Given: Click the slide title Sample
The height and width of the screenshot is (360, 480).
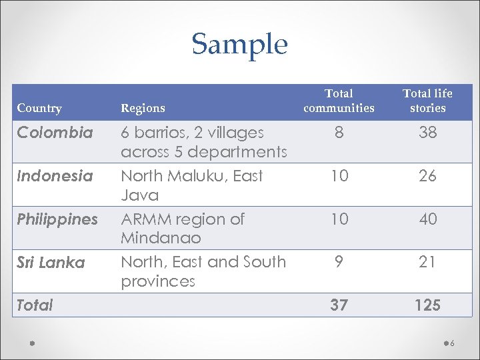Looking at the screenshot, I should point(239,45).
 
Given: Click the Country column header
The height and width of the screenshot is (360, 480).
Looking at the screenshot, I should point(39,108).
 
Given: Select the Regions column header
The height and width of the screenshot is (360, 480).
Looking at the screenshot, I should point(143,108).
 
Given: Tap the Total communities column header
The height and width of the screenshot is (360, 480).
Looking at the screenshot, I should point(339,101).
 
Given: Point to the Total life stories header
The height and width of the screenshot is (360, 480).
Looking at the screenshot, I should point(427,101).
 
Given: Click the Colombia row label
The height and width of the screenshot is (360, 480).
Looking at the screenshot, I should point(55,133).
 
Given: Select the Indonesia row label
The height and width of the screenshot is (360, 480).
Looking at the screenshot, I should point(55,176).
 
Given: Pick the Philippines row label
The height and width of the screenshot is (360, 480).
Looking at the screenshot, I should point(57,219).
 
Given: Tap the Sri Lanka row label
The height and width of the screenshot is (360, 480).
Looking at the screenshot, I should point(51,263).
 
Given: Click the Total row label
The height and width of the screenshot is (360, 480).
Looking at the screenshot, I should point(35,305).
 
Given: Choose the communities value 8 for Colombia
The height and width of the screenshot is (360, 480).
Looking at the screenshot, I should point(339,133).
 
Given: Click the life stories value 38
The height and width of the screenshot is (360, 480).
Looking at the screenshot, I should point(427,133).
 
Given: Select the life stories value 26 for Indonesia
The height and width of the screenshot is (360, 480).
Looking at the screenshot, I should point(427,176).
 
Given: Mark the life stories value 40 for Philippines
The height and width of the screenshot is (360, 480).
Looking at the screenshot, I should point(427,219).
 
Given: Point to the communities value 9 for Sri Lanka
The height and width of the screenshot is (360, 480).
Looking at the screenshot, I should point(339,263).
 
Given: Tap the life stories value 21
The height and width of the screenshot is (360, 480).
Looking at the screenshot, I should point(427,263).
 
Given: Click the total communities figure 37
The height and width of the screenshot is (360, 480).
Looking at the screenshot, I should point(339,305).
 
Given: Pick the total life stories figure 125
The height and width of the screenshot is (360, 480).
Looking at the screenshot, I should point(427,305).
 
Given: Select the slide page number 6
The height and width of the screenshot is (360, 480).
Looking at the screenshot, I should point(452,344).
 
